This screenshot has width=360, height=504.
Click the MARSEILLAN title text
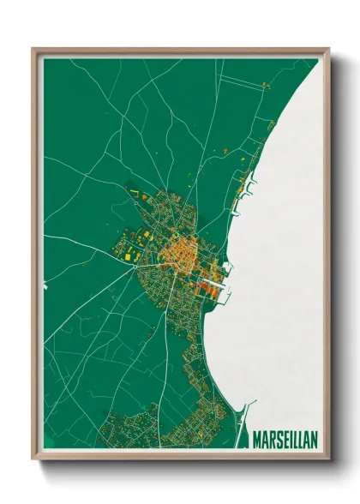click(x=285, y=440)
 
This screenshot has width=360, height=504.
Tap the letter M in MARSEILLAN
click(x=256, y=440)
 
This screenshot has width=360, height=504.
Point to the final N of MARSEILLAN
click(x=314, y=440)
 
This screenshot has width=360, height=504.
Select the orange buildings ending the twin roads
click(x=265, y=85)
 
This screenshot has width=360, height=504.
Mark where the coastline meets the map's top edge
click(x=318, y=59)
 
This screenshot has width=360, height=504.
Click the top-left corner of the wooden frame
click(x=33, y=49)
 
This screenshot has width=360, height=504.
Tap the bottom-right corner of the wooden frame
click(x=328, y=458)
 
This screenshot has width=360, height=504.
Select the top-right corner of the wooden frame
click(x=328, y=49)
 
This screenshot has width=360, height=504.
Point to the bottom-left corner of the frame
click(x=33, y=458)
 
